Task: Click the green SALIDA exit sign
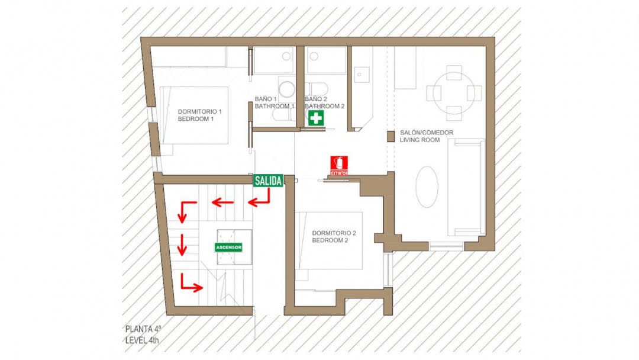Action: [x=268, y=181]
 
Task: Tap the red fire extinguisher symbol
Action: [x=339, y=166]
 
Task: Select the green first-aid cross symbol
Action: [x=316, y=118]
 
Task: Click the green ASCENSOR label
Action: [x=228, y=247]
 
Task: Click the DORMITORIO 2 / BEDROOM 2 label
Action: [x=334, y=236]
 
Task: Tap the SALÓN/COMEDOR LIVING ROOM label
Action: [x=426, y=136]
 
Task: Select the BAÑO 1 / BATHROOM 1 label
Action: [x=275, y=102]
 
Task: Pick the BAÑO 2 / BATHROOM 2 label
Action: [x=324, y=102]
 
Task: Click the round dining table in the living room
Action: [x=454, y=93]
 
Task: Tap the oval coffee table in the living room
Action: [x=427, y=187]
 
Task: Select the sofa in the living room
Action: [x=466, y=188]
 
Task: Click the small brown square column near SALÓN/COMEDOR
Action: [x=390, y=136]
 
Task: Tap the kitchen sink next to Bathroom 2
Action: [x=362, y=75]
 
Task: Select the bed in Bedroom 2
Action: [x=330, y=240]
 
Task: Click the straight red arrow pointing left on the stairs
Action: [x=222, y=202]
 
